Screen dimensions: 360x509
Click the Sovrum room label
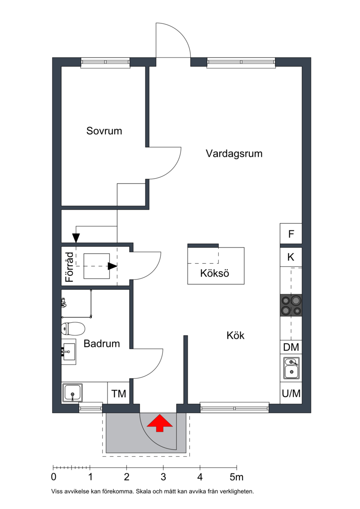pyautogui.click(x=104, y=131)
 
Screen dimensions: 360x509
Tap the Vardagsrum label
pyautogui.click(x=234, y=153)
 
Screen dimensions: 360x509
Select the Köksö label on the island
pyautogui.click(x=215, y=273)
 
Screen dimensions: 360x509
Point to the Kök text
pyautogui.click(x=235, y=335)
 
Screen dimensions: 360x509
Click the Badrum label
pyautogui.click(x=102, y=343)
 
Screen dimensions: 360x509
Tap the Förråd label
pyautogui.click(x=69, y=267)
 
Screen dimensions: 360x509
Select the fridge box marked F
pyautogui.click(x=291, y=234)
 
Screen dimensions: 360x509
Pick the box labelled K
pyautogui.click(x=291, y=257)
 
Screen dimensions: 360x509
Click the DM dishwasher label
pyautogui.click(x=291, y=347)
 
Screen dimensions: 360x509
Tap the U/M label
pyautogui.click(x=291, y=393)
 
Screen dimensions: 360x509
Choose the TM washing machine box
pyautogui.click(x=118, y=393)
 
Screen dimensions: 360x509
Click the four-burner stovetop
pyautogui.click(x=291, y=305)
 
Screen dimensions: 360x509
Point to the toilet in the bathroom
pyautogui.click(x=73, y=329)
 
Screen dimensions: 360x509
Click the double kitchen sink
pyautogui.click(x=291, y=368)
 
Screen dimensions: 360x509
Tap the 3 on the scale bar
pyautogui.click(x=163, y=477)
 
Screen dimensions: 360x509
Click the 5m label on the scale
pyautogui.click(x=237, y=477)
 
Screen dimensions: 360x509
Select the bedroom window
pyautogui.click(x=105, y=63)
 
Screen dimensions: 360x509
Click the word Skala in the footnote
pyautogui.click(x=144, y=491)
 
